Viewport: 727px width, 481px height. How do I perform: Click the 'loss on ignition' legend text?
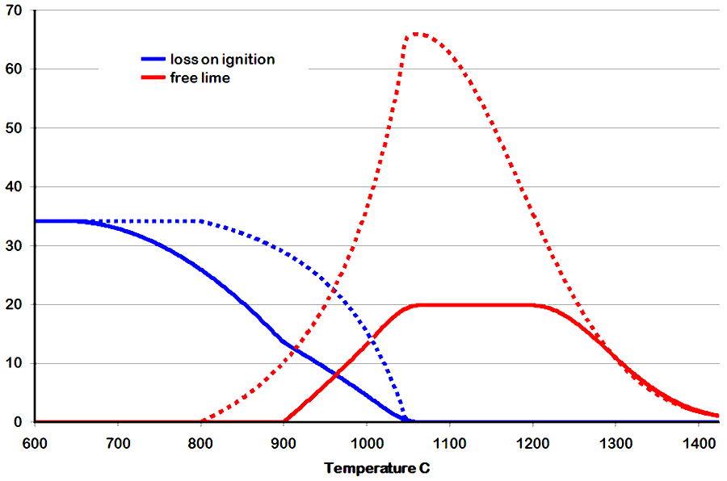click(x=222, y=59)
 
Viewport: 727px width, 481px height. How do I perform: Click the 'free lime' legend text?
click(x=200, y=77)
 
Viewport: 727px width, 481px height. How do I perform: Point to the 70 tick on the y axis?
click(x=15, y=10)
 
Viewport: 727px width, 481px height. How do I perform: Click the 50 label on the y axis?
click(x=15, y=128)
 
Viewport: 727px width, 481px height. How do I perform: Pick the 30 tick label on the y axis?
click(x=15, y=246)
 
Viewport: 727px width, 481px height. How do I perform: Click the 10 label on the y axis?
click(x=15, y=364)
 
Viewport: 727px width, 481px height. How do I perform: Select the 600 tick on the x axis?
click(x=35, y=443)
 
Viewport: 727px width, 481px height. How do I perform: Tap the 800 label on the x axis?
click(x=200, y=443)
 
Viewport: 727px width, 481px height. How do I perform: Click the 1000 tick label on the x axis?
click(x=366, y=443)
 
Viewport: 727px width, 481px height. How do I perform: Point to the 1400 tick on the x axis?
click(x=697, y=443)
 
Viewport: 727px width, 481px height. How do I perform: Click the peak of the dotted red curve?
click(x=416, y=34)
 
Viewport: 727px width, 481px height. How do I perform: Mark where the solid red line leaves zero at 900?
click(x=284, y=420)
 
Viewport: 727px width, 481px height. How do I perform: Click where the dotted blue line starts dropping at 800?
click(x=200, y=221)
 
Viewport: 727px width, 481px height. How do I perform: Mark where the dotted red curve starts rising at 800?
click(x=200, y=420)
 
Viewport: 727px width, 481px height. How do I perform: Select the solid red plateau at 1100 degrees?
click(x=449, y=305)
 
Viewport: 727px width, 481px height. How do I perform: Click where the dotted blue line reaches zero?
click(x=406, y=420)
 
